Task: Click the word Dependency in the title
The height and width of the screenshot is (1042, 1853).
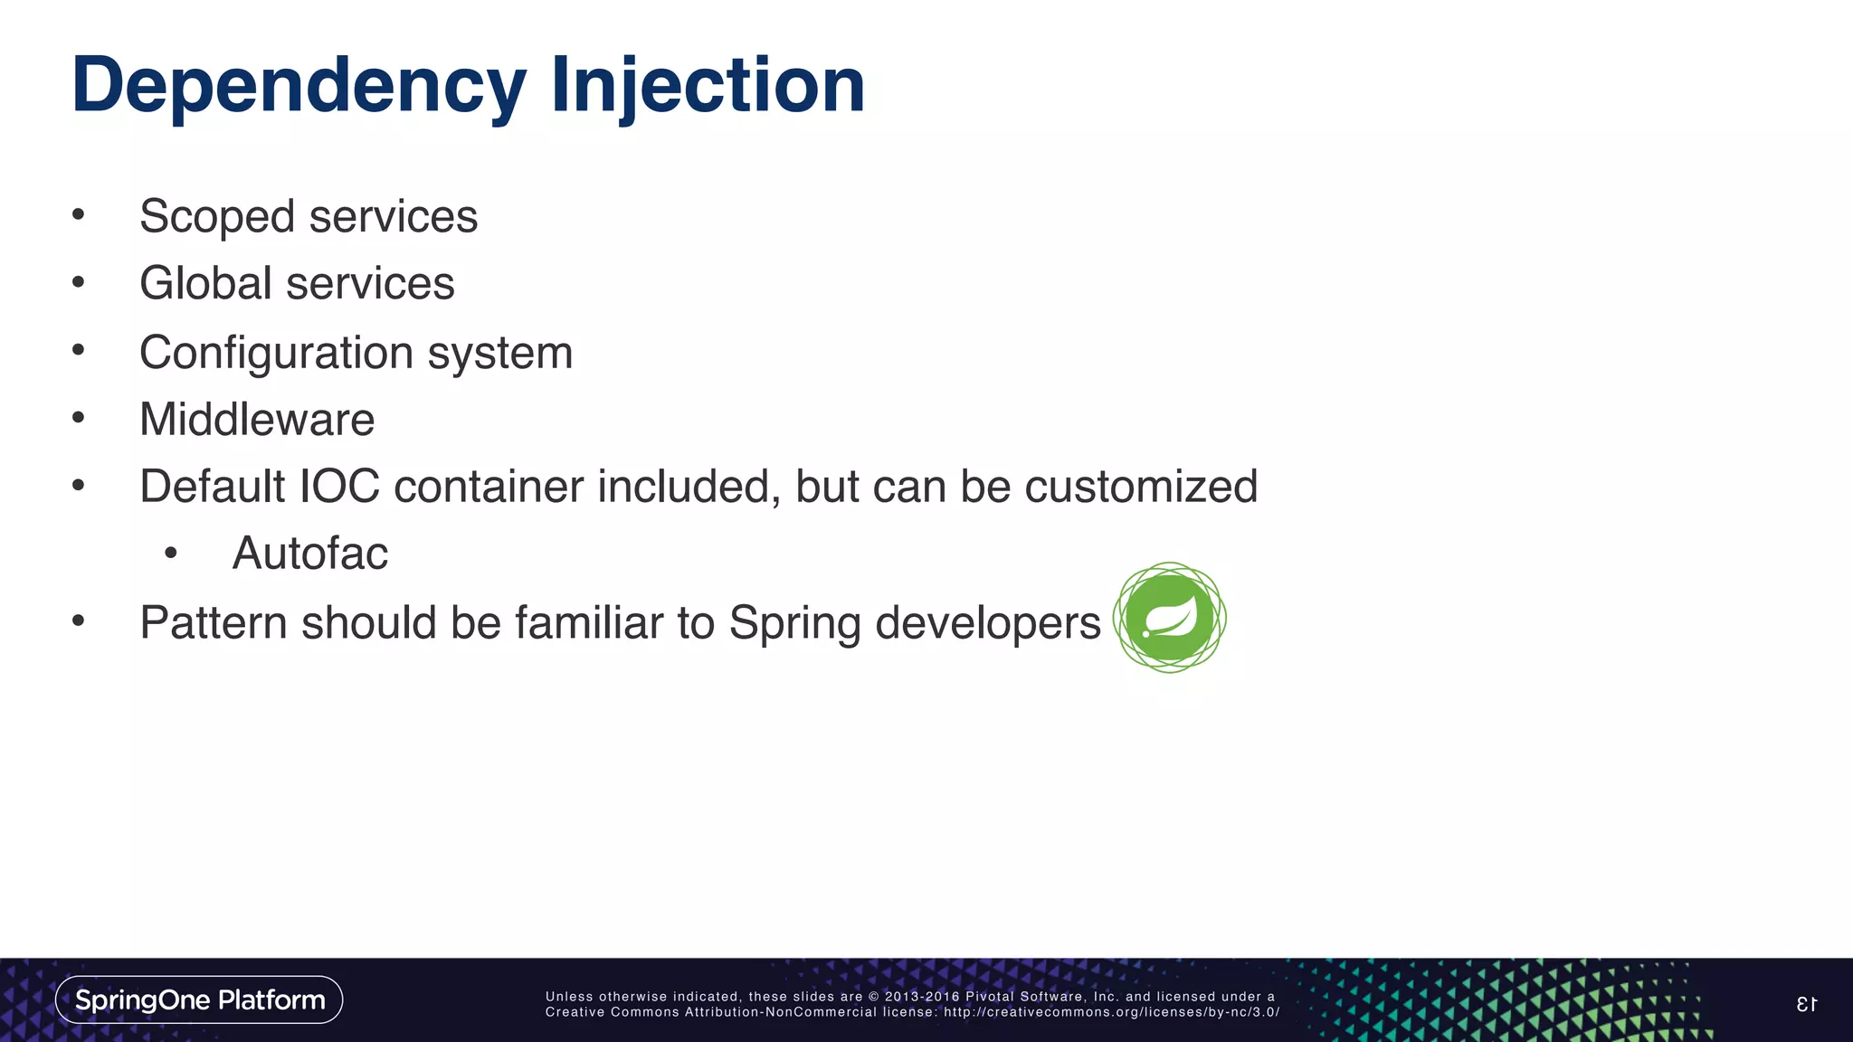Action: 299,86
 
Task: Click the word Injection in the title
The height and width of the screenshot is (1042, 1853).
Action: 708,86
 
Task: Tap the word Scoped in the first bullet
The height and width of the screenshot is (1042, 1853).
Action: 217,217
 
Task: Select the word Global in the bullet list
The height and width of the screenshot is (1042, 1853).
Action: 205,283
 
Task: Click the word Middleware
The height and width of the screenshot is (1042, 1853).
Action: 257,420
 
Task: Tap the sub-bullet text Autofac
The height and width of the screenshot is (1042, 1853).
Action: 309,554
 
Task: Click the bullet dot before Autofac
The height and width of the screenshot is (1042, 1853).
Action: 171,554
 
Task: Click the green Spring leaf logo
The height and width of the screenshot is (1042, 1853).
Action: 1169,618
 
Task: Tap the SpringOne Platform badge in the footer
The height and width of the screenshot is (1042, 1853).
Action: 199,999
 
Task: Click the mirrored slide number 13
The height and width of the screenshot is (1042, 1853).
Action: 1806,1004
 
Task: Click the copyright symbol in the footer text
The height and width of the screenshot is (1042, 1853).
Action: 873,997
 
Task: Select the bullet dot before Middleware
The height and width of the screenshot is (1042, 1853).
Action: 79,418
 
